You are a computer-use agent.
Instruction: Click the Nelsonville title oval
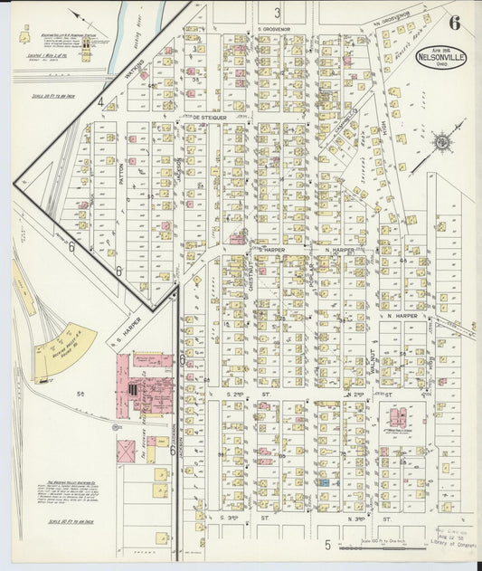click(x=441, y=58)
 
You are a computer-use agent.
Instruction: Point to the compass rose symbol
click(x=442, y=142)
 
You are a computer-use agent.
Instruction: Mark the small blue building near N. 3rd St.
click(x=324, y=483)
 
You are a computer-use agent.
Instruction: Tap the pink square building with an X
click(x=126, y=451)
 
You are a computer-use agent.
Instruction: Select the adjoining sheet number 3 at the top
click(x=277, y=12)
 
